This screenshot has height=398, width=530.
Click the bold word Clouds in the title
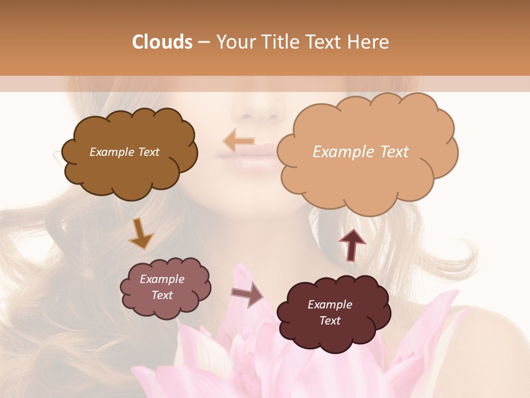pyautogui.click(x=162, y=42)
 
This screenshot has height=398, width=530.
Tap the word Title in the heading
pyautogui.click(x=282, y=42)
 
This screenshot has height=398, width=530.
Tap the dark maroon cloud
pyautogui.click(x=331, y=332)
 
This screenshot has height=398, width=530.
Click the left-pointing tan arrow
pyautogui.click(x=239, y=142)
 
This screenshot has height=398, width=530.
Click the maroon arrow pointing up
pyautogui.click(x=352, y=244)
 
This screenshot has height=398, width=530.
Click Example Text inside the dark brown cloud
pyautogui.click(x=124, y=152)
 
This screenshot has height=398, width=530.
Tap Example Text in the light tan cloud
pyautogui.click(x=361, y=152)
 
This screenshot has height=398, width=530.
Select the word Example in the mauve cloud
pyautogui.click(x=162, y=279)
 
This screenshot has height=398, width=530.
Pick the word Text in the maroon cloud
pyautogui.click(x=330, y=321)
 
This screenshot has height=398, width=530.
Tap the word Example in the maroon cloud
pyautogui.click(x=330, y=305)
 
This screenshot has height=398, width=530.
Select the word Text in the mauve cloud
pyautogui.click(x=162, y=295)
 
